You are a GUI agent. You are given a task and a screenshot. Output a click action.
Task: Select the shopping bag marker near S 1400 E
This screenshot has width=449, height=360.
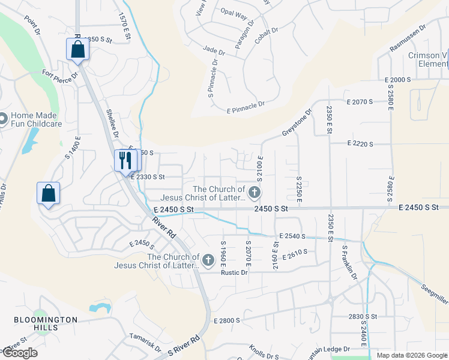pos(48,194)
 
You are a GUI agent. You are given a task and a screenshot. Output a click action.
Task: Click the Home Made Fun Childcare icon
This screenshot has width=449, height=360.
pos(3,119)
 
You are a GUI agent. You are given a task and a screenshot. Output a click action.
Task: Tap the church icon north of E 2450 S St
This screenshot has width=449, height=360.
pos(255,193)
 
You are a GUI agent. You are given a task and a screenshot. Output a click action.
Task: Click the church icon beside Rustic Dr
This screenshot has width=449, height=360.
pos(208,260)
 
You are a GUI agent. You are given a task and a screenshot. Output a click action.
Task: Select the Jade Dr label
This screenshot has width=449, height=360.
pos(213,49)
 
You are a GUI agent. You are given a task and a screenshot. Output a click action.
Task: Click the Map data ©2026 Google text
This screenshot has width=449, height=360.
pos(412,355)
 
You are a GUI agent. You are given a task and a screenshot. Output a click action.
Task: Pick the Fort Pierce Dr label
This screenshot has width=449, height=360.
pos(61,76)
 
